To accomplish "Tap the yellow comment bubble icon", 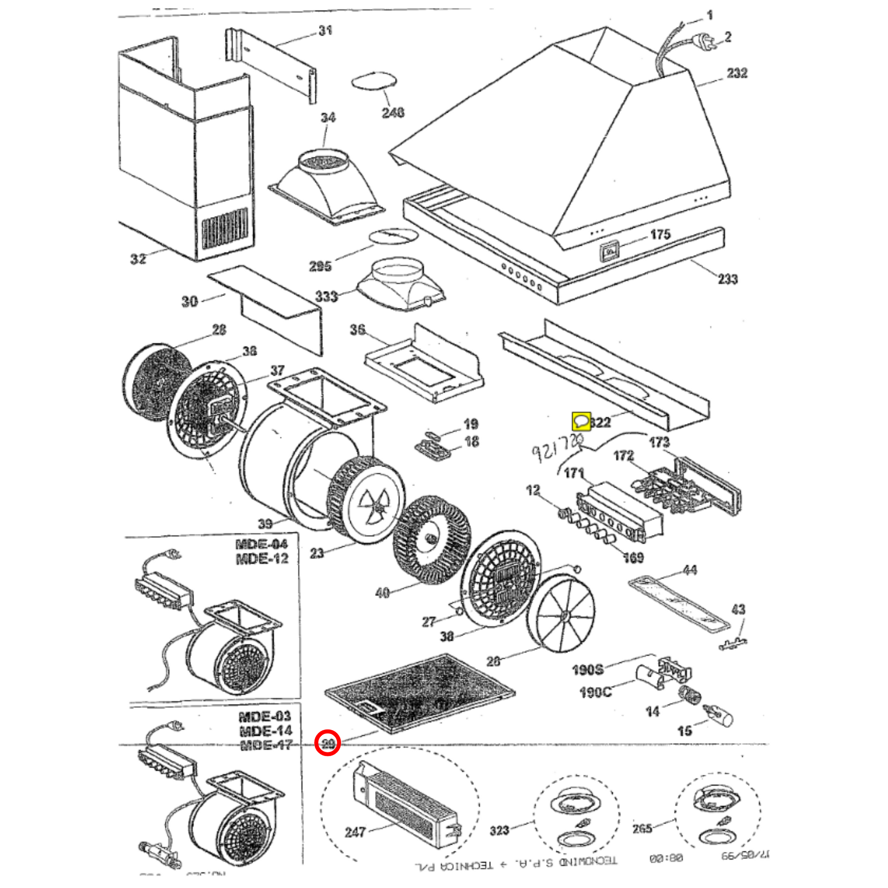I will click(x=581, y=420).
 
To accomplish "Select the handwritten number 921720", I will click(x=557, y=447).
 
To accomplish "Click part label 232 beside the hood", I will click(x=737, y=73).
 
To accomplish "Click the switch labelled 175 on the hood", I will click(x=609, y=252).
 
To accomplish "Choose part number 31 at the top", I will click(x=325, y=31).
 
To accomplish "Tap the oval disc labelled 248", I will click(x=374, y=82).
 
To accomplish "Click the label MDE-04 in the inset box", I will click(x=261, y=544).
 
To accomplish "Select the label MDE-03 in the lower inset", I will click(x=264, y=716).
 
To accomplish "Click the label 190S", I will click(x=587, y=670).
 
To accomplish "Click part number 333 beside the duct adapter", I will click(x=326, y=296).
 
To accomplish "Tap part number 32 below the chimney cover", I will click(x=138, y=259).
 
